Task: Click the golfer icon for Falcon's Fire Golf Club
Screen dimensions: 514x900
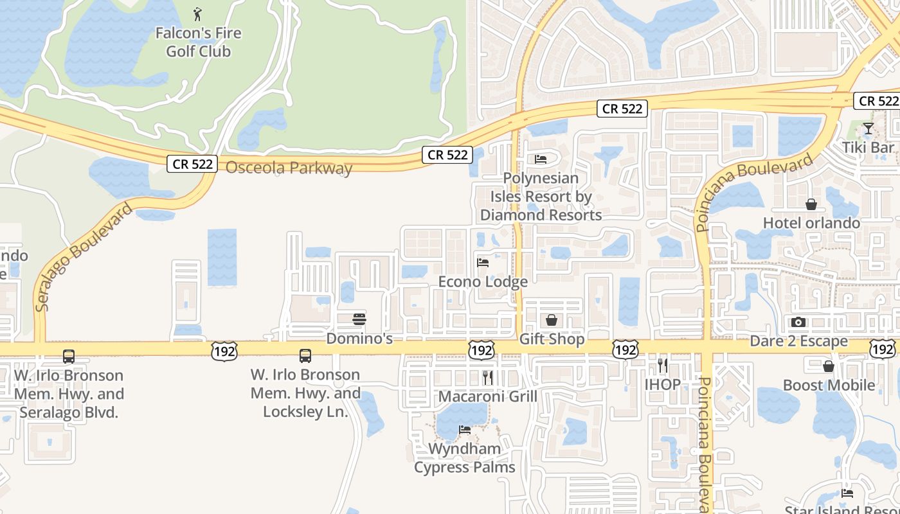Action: click(197, 13)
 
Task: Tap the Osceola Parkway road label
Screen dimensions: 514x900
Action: click(289, 168)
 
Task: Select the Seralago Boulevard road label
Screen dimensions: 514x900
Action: click(84, 257)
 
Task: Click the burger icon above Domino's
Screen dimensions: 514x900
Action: click(359, 319)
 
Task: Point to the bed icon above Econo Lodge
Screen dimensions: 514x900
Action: click(483, 262)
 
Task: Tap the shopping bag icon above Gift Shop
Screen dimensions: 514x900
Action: click(552, 319)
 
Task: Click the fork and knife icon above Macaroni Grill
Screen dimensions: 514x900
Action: click(488, 377)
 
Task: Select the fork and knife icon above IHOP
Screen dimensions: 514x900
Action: click(663, 366)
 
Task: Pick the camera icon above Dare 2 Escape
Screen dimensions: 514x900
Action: click(798, 322)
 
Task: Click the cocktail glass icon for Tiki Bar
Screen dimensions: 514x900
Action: click(868, 128)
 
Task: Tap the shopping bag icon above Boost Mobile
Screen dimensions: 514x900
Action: click(829, 366)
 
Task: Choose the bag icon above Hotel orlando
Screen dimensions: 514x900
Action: click(811, 204)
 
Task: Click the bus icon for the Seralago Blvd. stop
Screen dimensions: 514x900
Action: click(69, 356)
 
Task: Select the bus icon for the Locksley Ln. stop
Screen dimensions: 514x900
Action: click(305, 355)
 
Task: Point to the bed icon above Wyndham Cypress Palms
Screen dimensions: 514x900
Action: click(464, 429)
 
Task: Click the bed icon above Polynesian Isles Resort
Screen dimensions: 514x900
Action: click(541, 159)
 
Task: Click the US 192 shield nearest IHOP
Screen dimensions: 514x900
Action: click(625, 349)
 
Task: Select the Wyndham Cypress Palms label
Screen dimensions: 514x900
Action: click(464, 458)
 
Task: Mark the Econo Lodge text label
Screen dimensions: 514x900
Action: click(483, 281)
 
